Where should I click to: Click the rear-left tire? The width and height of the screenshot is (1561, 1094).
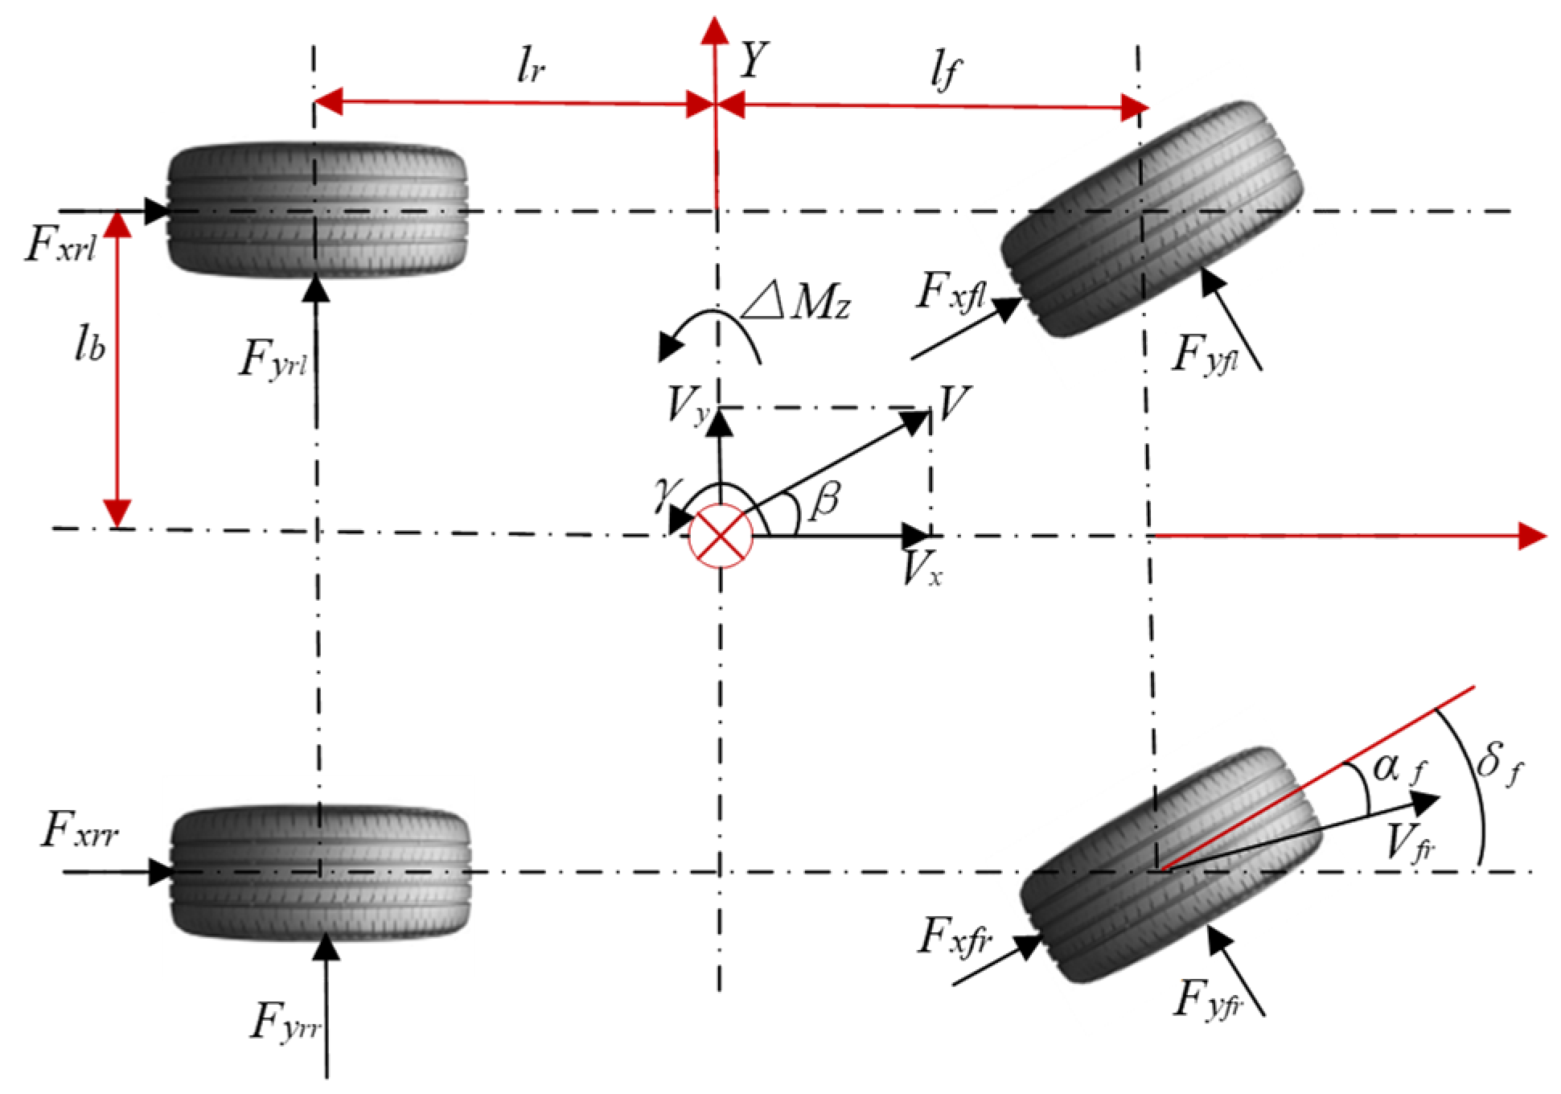[x=316, y=211]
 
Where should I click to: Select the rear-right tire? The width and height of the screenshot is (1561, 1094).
[x=320, y=872]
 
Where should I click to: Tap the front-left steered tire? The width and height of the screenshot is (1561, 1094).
[x=1152, y=219]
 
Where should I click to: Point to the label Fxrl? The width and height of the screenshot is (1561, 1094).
[x=61, y=245]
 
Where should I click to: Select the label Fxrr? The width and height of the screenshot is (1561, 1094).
[x=80, y=830]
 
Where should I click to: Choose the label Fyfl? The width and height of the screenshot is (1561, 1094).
[x=1204, y=355]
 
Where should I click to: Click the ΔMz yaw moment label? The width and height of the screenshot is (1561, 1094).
[x=796, y=303]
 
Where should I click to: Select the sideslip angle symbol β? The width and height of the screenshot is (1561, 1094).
[x=825, y=500]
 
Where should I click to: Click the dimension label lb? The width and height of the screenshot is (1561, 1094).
[x=89, y=345]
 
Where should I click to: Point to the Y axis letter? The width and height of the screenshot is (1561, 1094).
[x=754, y=60]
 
